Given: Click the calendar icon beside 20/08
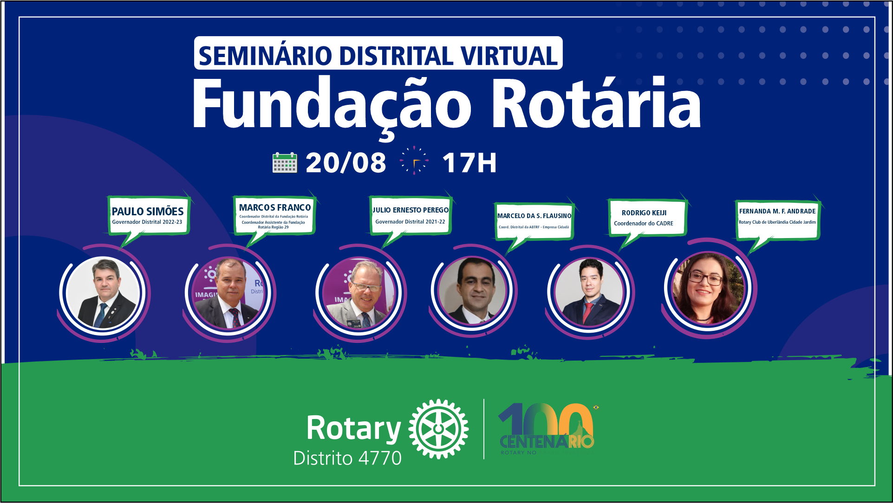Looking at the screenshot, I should [285, 162].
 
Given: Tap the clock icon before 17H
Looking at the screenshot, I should [414, 161].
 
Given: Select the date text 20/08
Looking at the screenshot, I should [345, 163].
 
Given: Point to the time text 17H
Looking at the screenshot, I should [469, 163].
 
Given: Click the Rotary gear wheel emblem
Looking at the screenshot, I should [438, 429].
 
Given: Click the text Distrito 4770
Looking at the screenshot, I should [347, 458].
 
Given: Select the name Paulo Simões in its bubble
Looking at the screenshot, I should [148, 212].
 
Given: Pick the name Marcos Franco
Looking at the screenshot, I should [275, 207].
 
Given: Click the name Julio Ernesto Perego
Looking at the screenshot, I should [411, 210].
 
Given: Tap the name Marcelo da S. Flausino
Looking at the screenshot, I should [534, 216].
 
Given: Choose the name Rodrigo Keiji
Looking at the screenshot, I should [644, 213].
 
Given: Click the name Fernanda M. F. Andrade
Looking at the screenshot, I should [777, 211].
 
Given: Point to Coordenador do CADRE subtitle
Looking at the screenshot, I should [644, 224].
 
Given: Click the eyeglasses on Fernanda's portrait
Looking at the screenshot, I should [705, 278].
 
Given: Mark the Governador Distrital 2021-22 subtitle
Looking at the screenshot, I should [410, 222].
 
